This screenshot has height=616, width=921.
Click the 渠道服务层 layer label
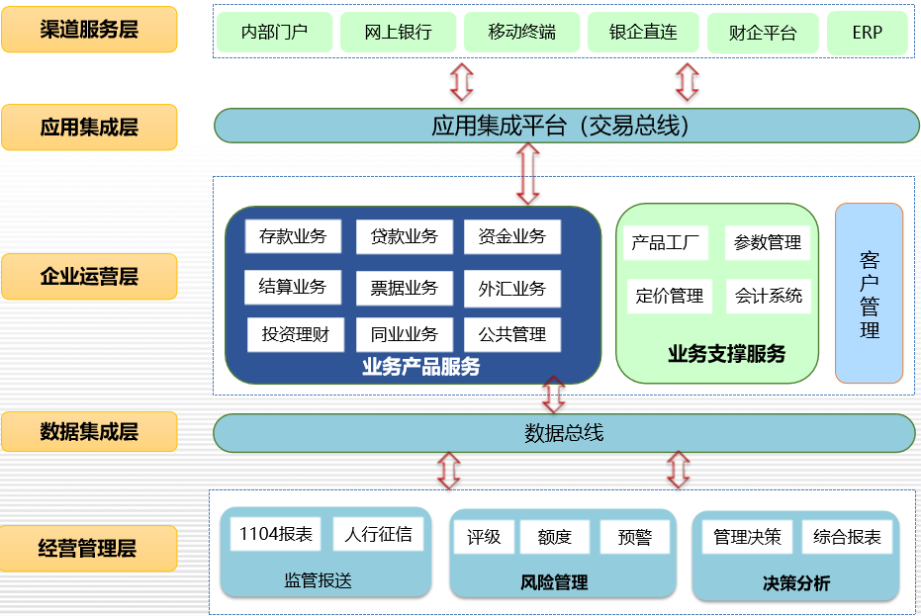click(89, 29)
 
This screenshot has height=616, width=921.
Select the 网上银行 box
click(398, 33)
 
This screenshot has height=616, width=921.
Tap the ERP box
click(867, 33)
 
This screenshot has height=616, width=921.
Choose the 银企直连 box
click(644, 33)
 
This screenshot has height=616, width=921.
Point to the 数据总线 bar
click(564, 433)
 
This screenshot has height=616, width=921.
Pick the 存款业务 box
click(293, 236)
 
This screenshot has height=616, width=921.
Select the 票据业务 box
click(404, 288)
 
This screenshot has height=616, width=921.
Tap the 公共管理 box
click(512, 334)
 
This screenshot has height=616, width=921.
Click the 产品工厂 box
click(665, 242)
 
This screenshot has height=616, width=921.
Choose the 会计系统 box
click(769, 295)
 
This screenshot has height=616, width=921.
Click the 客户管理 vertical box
click(869, 294)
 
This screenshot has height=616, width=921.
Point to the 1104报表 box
click(276, 535)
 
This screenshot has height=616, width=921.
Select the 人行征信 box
click(378, 535)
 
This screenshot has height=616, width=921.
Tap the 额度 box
click(555, 537)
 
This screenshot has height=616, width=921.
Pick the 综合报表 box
click(847, 537)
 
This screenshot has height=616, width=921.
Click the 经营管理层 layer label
click(89, 548)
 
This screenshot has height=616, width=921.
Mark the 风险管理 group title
click(554, 582)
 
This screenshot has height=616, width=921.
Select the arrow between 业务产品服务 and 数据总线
click(554, 396)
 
